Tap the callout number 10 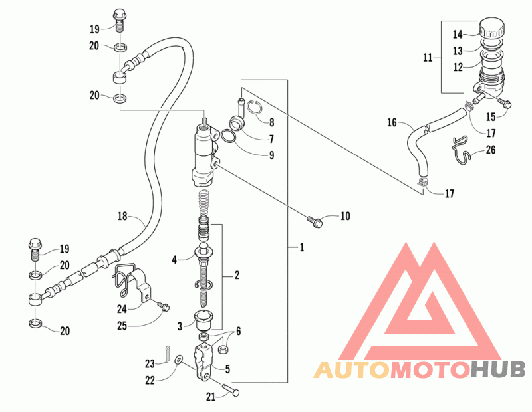(344, 216)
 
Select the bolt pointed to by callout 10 (315, 222)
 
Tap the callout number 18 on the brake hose (122, 216)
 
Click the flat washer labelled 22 (178, 360)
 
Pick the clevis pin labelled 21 (231, 389)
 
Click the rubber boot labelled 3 (203, 320)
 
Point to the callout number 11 (428, 58)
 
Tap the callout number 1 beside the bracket (302, 247)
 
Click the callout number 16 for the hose (392, 122)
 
